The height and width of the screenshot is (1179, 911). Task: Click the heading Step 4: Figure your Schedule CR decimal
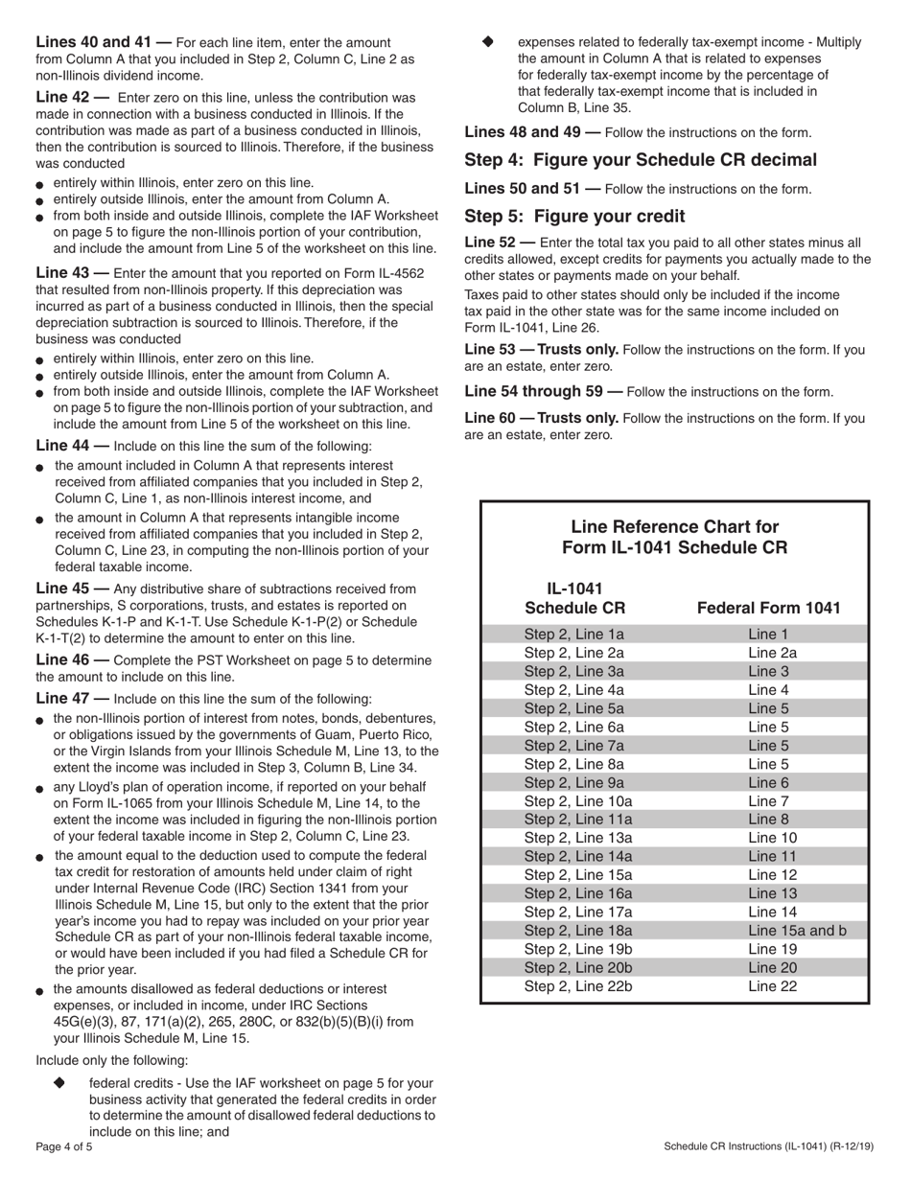(x=641, y=160)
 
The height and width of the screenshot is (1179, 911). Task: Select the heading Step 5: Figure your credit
(x=574, y=216)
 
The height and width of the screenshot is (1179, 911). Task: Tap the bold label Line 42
(x=71, y=98)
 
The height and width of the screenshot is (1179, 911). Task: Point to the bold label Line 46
(x=71, y=659)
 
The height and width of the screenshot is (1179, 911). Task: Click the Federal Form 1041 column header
(x=768, y=608)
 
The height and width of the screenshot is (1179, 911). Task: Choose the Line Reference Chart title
(x=674, y=537)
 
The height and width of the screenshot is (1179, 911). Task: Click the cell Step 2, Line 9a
(x=573, y=782)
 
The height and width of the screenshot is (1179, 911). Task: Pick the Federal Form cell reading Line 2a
(x=772, y=652)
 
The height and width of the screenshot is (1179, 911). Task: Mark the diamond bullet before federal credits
(x=59, y=1082)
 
